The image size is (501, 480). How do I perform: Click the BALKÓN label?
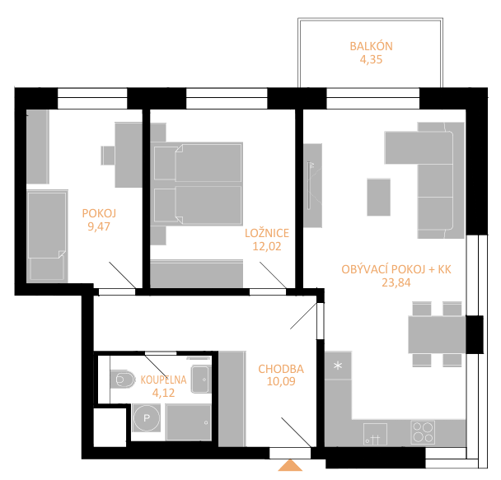click(x=371, y=46)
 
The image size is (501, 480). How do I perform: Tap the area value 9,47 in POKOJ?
click(x=99, y=226)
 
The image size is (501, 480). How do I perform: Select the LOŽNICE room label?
click(x=267, y=233)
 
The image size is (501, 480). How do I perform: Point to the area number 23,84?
click(x=396, y=282)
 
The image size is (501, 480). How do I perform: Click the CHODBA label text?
click(x=281, y=369)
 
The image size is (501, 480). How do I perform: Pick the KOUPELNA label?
click(x=163, y=380)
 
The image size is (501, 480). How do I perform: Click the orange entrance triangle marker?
click(x=290, y=465)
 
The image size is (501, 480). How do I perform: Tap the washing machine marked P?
click(x=147, y=417)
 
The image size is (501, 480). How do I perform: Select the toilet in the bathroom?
click(x=122, y=380)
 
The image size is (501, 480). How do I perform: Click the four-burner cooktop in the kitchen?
click(x=423, y=432)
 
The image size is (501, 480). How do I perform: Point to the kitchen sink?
click(x=375, y=434)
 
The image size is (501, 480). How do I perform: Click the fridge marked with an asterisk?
click(x=338, y=366)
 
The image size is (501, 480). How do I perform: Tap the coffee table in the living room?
click(x=378, y=198)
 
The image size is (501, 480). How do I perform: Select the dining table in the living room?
click(x=437, y=334)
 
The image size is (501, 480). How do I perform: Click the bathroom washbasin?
click(x=201, y=380)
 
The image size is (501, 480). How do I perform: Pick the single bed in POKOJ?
click(x=47, y=235)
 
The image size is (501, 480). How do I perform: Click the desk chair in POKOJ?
click(x=108, y=156)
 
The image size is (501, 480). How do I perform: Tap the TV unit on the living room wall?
click(x=312, y=185)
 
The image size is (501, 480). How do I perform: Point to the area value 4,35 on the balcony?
click(x=371, y=59)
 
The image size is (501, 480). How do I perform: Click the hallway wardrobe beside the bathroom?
click(x=232, y=399)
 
